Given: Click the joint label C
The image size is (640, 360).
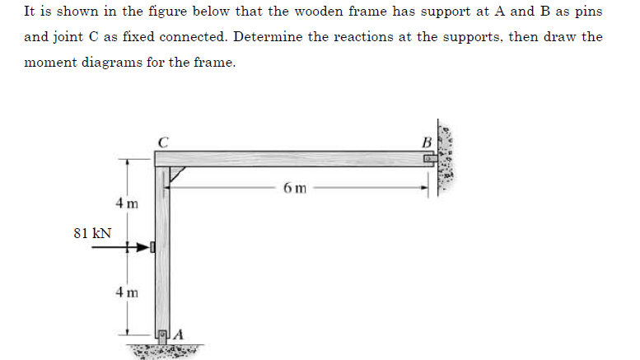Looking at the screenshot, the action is point(164,141).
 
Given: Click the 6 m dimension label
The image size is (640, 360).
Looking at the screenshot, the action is point(295,188).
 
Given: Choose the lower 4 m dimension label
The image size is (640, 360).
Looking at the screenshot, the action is point(127,292).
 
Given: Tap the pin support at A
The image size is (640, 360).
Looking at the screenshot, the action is point(163,334).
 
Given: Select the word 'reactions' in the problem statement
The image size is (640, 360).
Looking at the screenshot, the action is point(367,37).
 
